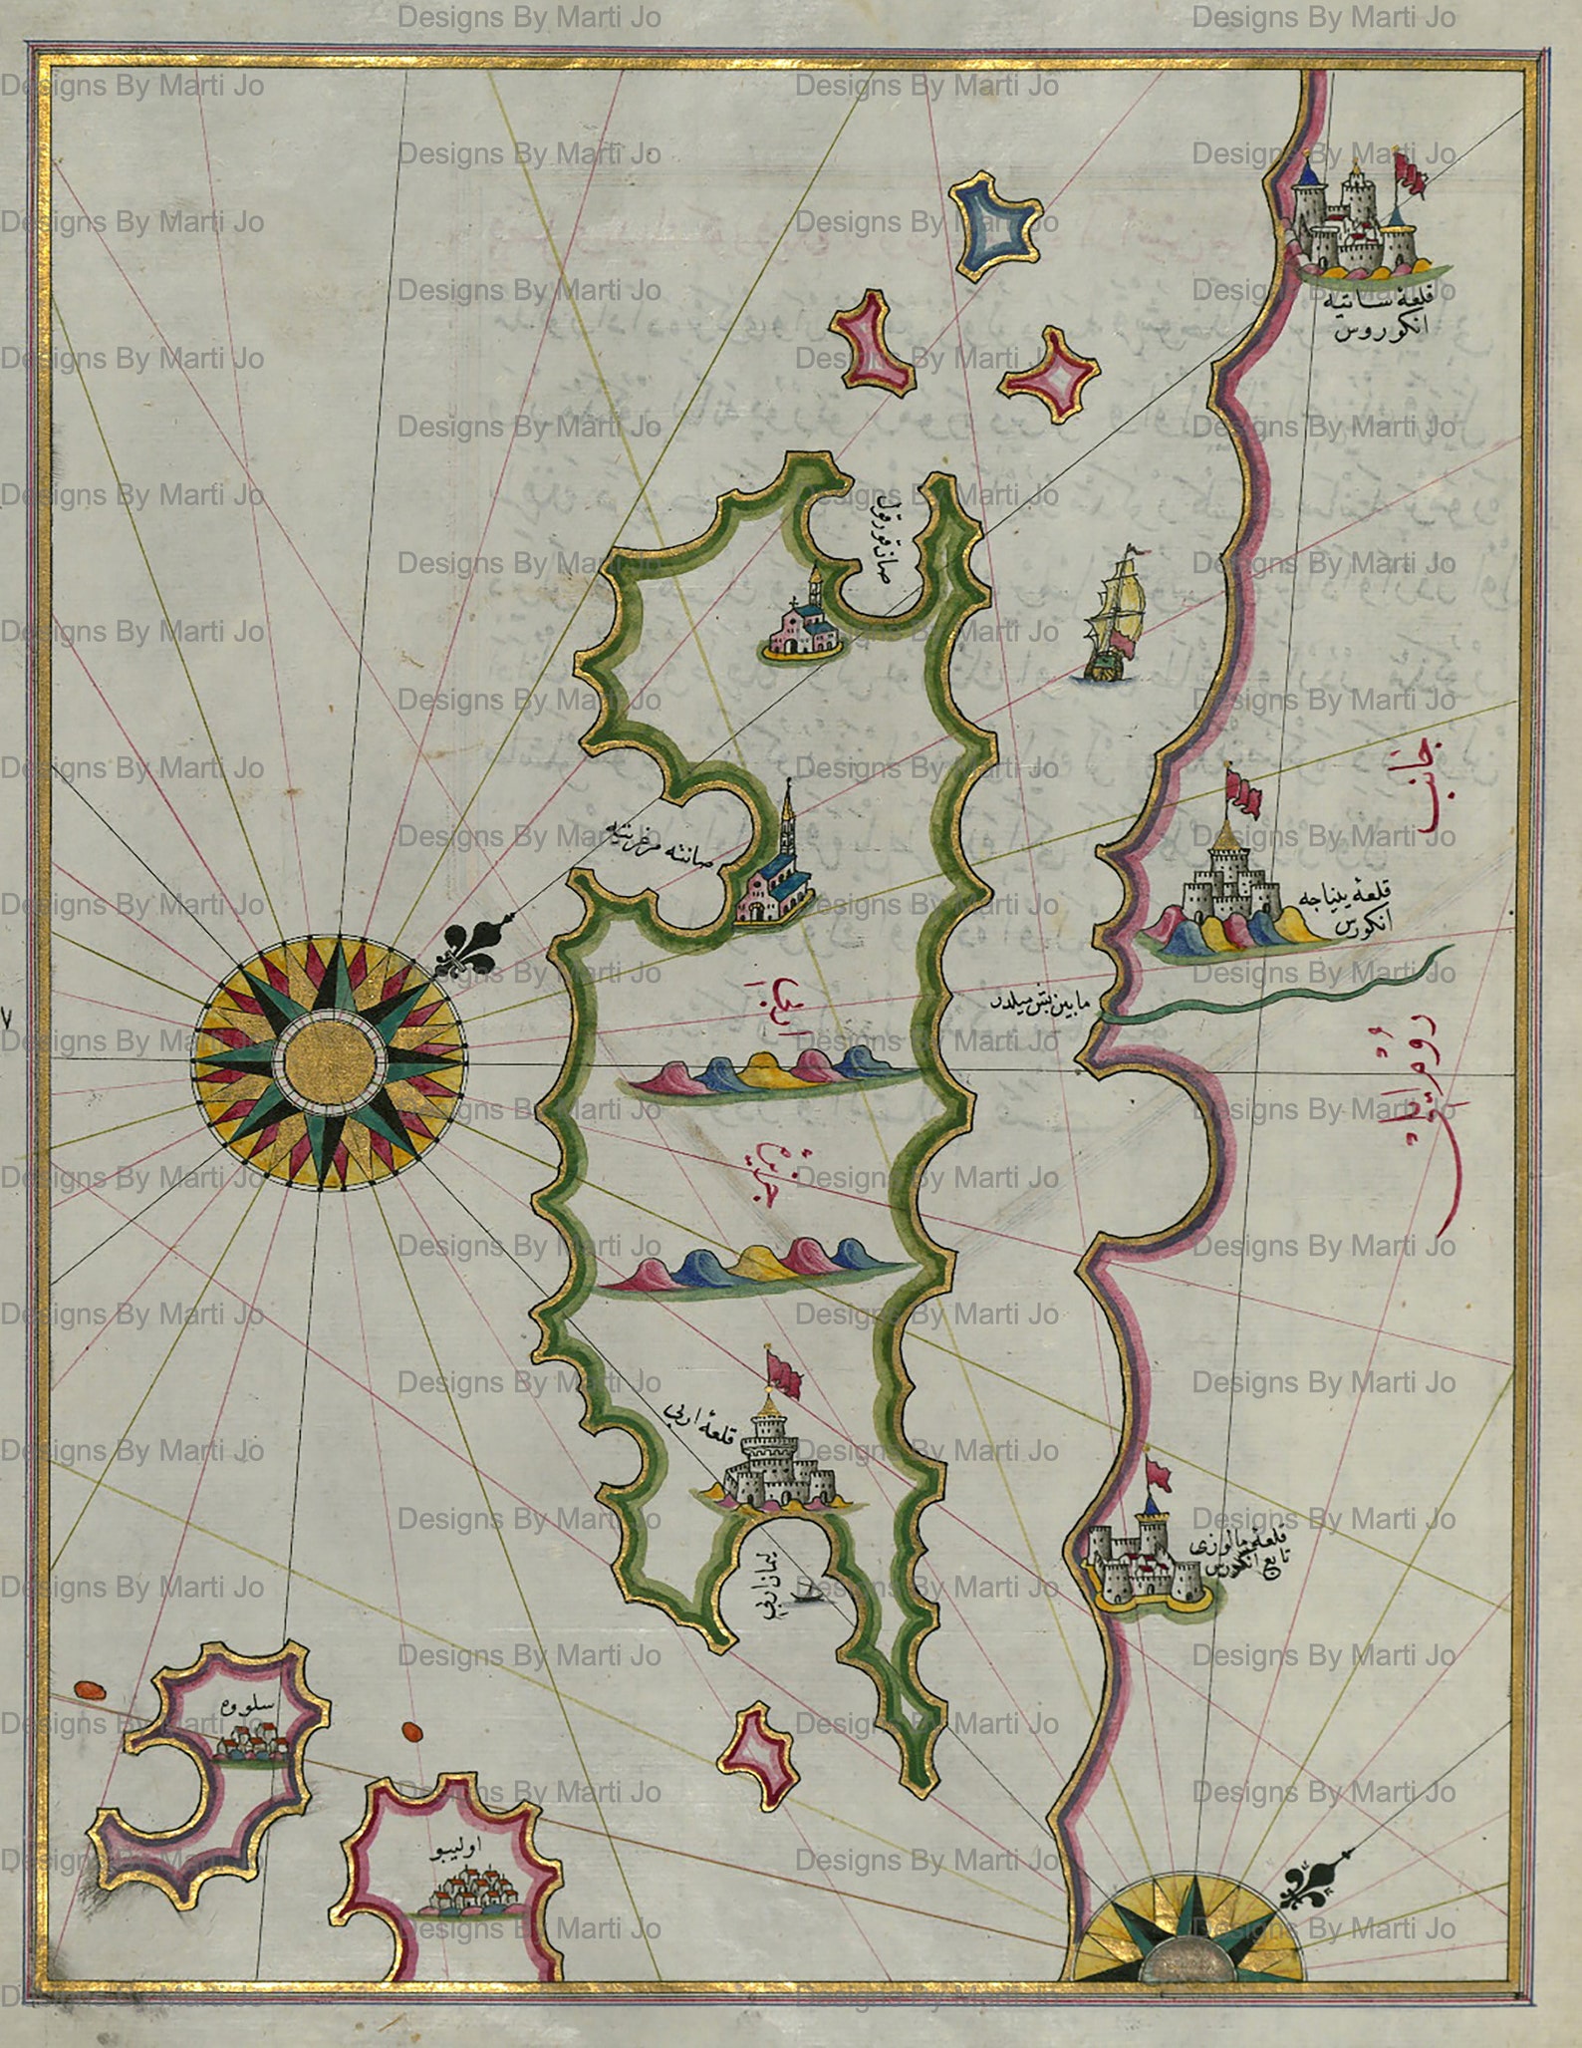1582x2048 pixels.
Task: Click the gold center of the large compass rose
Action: click(330, 1063)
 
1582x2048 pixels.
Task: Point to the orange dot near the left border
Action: click(90, 1689)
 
